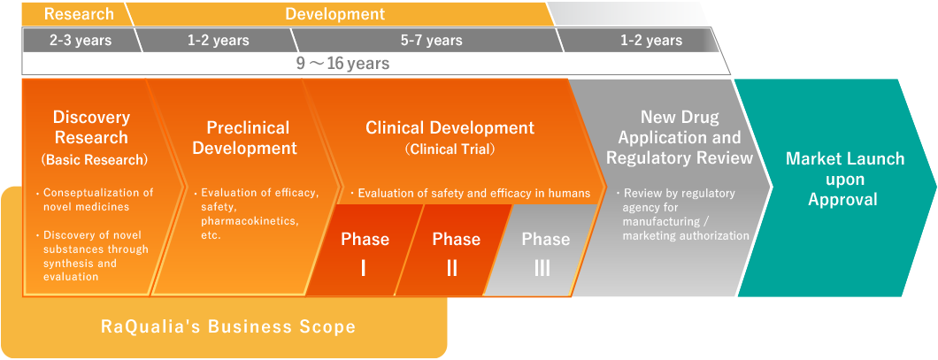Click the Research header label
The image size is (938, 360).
[79, 13]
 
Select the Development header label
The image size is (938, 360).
[335, 13]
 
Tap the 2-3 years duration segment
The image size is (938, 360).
[81, 41]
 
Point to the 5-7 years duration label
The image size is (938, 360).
[431, 41]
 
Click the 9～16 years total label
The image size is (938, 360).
[343, 64]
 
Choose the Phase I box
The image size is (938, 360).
[365, 250]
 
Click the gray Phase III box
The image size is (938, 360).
[542, 250]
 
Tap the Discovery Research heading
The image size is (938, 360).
[91, 126]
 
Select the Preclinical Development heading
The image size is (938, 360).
[248, 137]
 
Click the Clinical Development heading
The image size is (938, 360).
[450, 127]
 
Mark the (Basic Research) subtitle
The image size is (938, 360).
[91, 160]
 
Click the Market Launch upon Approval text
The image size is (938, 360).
[845, 179]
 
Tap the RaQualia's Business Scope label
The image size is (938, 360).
[227, 326]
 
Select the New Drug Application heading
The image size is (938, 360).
[680, 137]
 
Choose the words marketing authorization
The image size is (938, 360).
[686, 235]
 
